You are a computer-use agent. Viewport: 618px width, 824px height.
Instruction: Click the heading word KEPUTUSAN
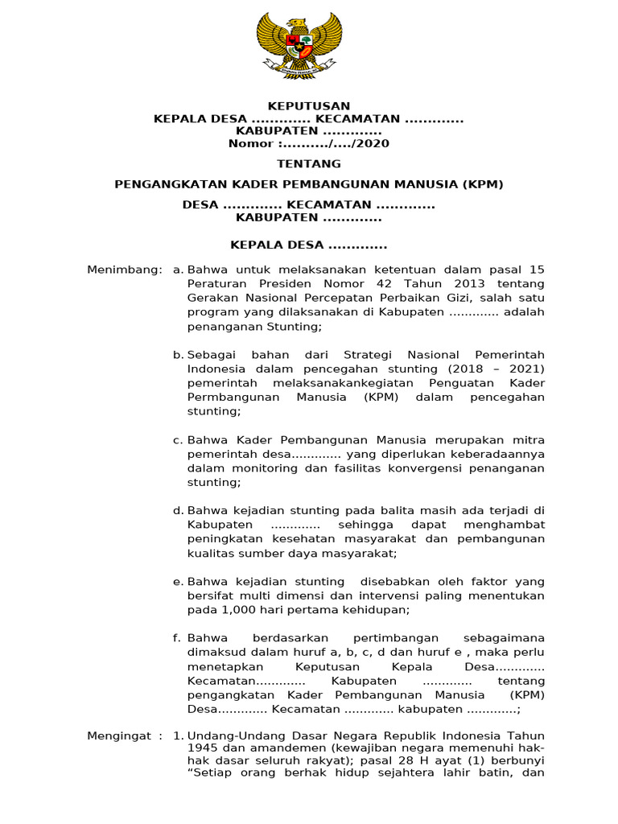pos(309,106)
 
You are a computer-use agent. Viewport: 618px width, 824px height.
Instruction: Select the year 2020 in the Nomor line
pos(371,144)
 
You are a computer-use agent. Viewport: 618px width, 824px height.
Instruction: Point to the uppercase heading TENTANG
pos(309,163)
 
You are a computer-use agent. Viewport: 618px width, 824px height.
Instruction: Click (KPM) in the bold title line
pos(483,184)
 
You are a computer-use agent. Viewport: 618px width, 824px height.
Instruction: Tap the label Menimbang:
pos(125,270)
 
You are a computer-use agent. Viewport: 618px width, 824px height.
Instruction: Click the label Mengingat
pos(120,736)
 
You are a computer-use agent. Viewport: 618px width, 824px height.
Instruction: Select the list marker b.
pos(177,355)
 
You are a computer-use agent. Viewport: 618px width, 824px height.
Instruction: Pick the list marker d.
pos(177,511)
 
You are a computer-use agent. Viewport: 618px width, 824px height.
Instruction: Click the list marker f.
pos(176,637)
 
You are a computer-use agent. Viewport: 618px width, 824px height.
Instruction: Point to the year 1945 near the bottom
pos(202,748)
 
